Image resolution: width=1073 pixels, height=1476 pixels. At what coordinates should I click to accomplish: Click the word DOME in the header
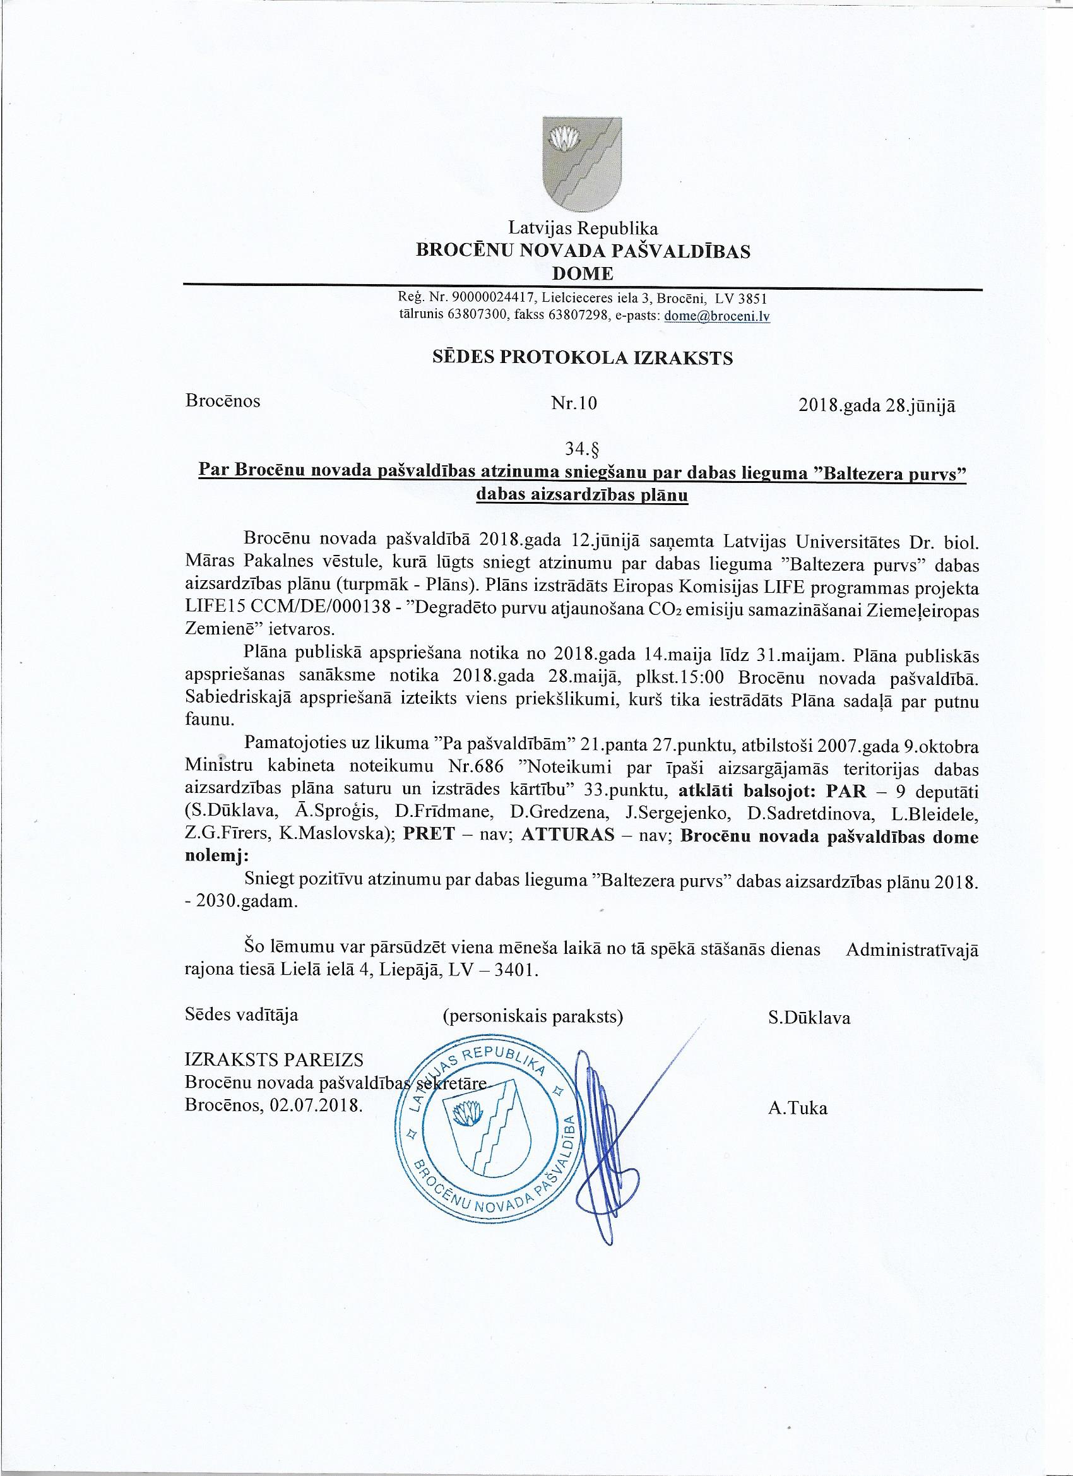(583, 273)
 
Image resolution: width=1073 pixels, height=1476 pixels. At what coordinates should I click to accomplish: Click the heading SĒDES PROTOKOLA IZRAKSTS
(583, 359)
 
